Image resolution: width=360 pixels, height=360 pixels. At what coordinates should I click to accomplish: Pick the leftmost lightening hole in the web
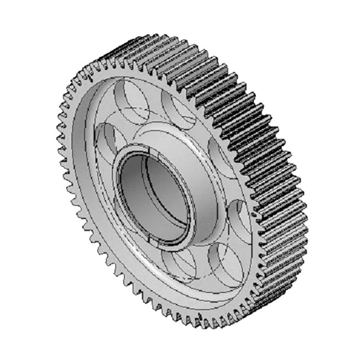[x=107, y=140]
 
